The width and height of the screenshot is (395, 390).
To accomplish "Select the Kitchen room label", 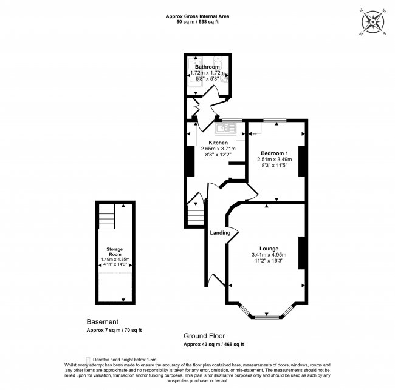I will [218, 143].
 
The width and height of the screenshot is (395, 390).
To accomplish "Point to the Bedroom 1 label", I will [274, 153].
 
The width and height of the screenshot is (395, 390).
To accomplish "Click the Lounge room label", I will [269, 248].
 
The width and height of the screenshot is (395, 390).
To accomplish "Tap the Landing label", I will [219, 233].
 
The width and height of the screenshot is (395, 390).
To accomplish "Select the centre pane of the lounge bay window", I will [265, 317].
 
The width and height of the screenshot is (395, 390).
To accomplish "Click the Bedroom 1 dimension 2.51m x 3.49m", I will [274, 159].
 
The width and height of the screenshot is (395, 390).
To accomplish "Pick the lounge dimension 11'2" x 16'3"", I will [269, 260].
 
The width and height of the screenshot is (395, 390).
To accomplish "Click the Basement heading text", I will [101, 322].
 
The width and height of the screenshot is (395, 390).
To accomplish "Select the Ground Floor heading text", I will [204, 336].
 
